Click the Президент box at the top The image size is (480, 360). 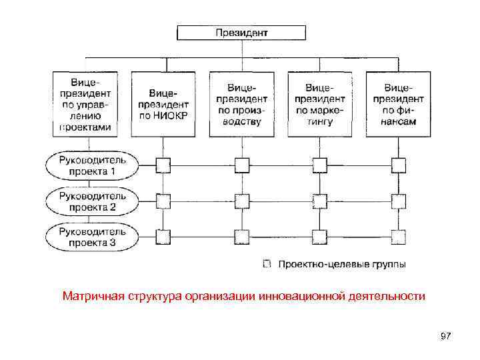click(x=241, y=33)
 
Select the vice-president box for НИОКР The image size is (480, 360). click(x=163, y=105)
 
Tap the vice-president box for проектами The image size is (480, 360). click(x=85, y=105)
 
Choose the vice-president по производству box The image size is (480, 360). click(x=241, y=105)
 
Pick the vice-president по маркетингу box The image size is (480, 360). click(x=320, y=105)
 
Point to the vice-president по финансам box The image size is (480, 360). click(x=398, y=105)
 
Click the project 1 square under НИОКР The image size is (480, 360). click(x=163, y=165)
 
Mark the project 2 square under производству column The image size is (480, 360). click(x=241, y=201)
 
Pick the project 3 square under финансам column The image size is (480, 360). click(x=398, y=237)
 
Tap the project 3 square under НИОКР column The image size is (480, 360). click(x=163, y=237)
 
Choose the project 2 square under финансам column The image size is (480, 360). click(x=398, y=201)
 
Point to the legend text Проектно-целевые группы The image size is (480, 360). click(x=341, y=265)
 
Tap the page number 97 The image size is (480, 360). click(x=445, y=337)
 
